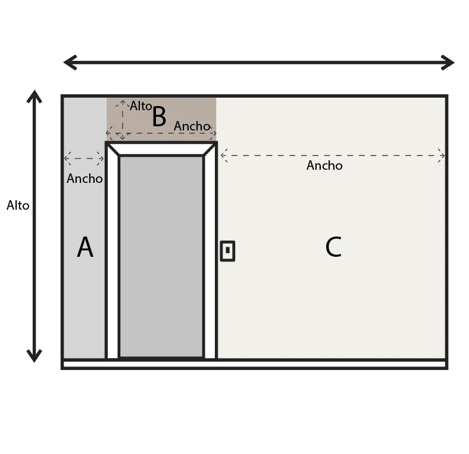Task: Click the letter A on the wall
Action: click(85, 248)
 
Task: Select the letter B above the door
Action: click(159, 117)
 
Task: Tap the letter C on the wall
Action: click(333, 248)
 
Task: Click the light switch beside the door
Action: click(227, 251)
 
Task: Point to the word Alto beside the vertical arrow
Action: click(18, 206)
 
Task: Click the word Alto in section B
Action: click(141, 106)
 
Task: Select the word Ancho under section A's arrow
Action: click(85, 179)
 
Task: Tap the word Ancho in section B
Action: click(192, 126)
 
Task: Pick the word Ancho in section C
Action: click(324, 166)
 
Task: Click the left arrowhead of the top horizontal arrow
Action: click(70, 62)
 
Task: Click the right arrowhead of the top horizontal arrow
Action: click(448, 62)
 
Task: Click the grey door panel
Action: click(161, 256)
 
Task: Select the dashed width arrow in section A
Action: click(84, 158)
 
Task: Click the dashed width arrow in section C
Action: click(332, 156)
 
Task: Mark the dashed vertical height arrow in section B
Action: click(123, 119)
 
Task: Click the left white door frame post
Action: click(112, 256)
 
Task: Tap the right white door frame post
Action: click(210, 256)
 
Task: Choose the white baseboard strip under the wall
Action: click(255, 364)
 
